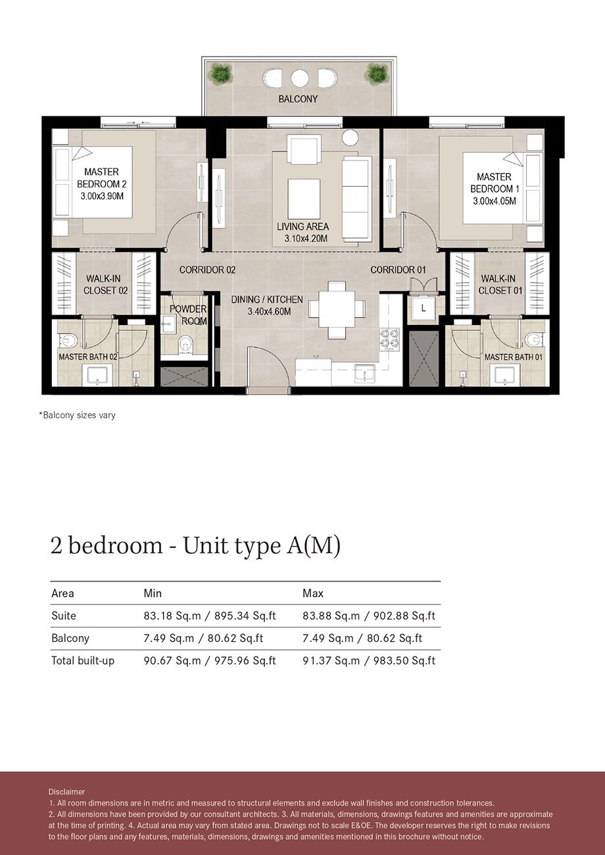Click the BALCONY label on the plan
coord(298,99)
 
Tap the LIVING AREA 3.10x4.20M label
coord(302,232)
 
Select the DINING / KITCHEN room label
coord(267,305)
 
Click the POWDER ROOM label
coord(188,314)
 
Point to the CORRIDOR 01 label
coord(398,270)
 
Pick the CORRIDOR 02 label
coord(207,270)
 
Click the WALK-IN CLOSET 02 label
coord(105,284)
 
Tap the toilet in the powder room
coord(185,343)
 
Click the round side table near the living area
coord(350,137)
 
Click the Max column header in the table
coord(312,593)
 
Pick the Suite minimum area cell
coord(209,616)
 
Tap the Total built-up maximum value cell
coord(368,660)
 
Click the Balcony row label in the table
coord(70,638)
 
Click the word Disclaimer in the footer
coord(66,791)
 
